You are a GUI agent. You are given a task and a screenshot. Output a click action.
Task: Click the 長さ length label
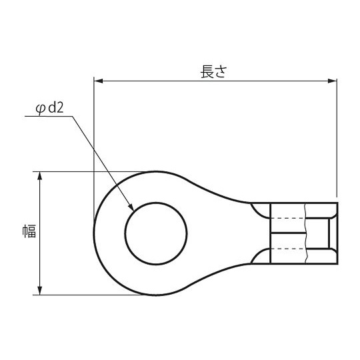coord(214,71)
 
